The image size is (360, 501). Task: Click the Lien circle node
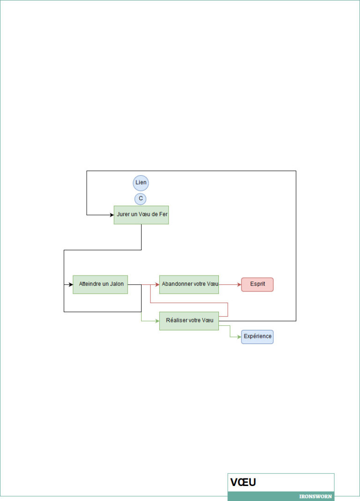pyautogui.click(x=141, y=183)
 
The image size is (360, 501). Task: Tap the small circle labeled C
pyautogui.click(x=141, y=199)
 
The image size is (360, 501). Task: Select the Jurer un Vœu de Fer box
pyautogui.click(x=141, y=215)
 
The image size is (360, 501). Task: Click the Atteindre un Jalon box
pyautogui.click(x=100, y=284)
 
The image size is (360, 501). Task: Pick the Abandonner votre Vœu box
pyautogui.click(x=189, y=284)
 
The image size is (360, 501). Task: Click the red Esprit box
pyautogui.click(x=257, y=284)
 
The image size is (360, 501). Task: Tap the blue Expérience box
pyautogui.click(x=257, y=336)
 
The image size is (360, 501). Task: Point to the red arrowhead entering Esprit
pyautogui.click(x=239, y=284)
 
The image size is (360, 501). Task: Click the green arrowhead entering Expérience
pyautogui.click(x=239, y=336)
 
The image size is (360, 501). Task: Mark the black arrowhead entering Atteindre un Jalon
pyautogui.click(x=71, y=284)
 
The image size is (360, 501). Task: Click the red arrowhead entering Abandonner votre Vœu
pyautogui.click(x=157, y=284)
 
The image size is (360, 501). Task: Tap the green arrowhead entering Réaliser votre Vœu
pyautogui.click(x=157, y=321)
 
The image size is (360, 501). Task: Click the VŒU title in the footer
pyautogui.click(x=243, y=482)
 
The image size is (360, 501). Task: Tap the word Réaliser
pyautogui.click(x=176, y=321)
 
